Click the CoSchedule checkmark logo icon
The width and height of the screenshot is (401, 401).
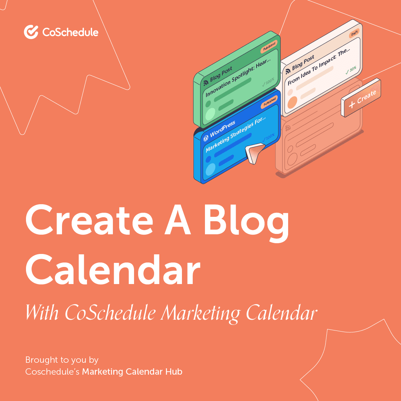tap(31, 32)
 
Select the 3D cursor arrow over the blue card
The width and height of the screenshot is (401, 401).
tap(254, 153)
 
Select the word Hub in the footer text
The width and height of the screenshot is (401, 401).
tap(174, 371)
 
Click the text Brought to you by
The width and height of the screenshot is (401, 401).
tap(62, 360)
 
